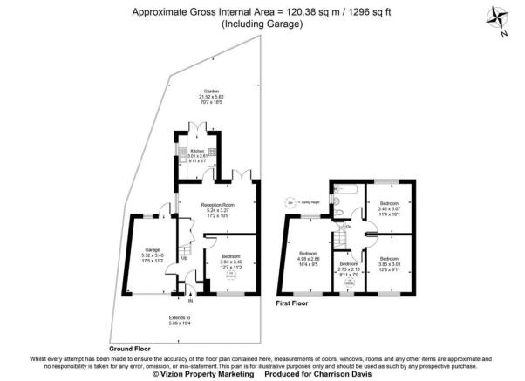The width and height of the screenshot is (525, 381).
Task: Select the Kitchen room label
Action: point(197,151)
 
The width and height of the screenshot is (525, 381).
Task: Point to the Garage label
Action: point(153,249)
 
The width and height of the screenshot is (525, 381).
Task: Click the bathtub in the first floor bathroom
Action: point(342,187)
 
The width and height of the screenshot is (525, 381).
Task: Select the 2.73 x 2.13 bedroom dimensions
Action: point(348,269)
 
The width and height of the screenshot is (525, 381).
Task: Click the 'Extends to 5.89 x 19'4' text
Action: point(181,321)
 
